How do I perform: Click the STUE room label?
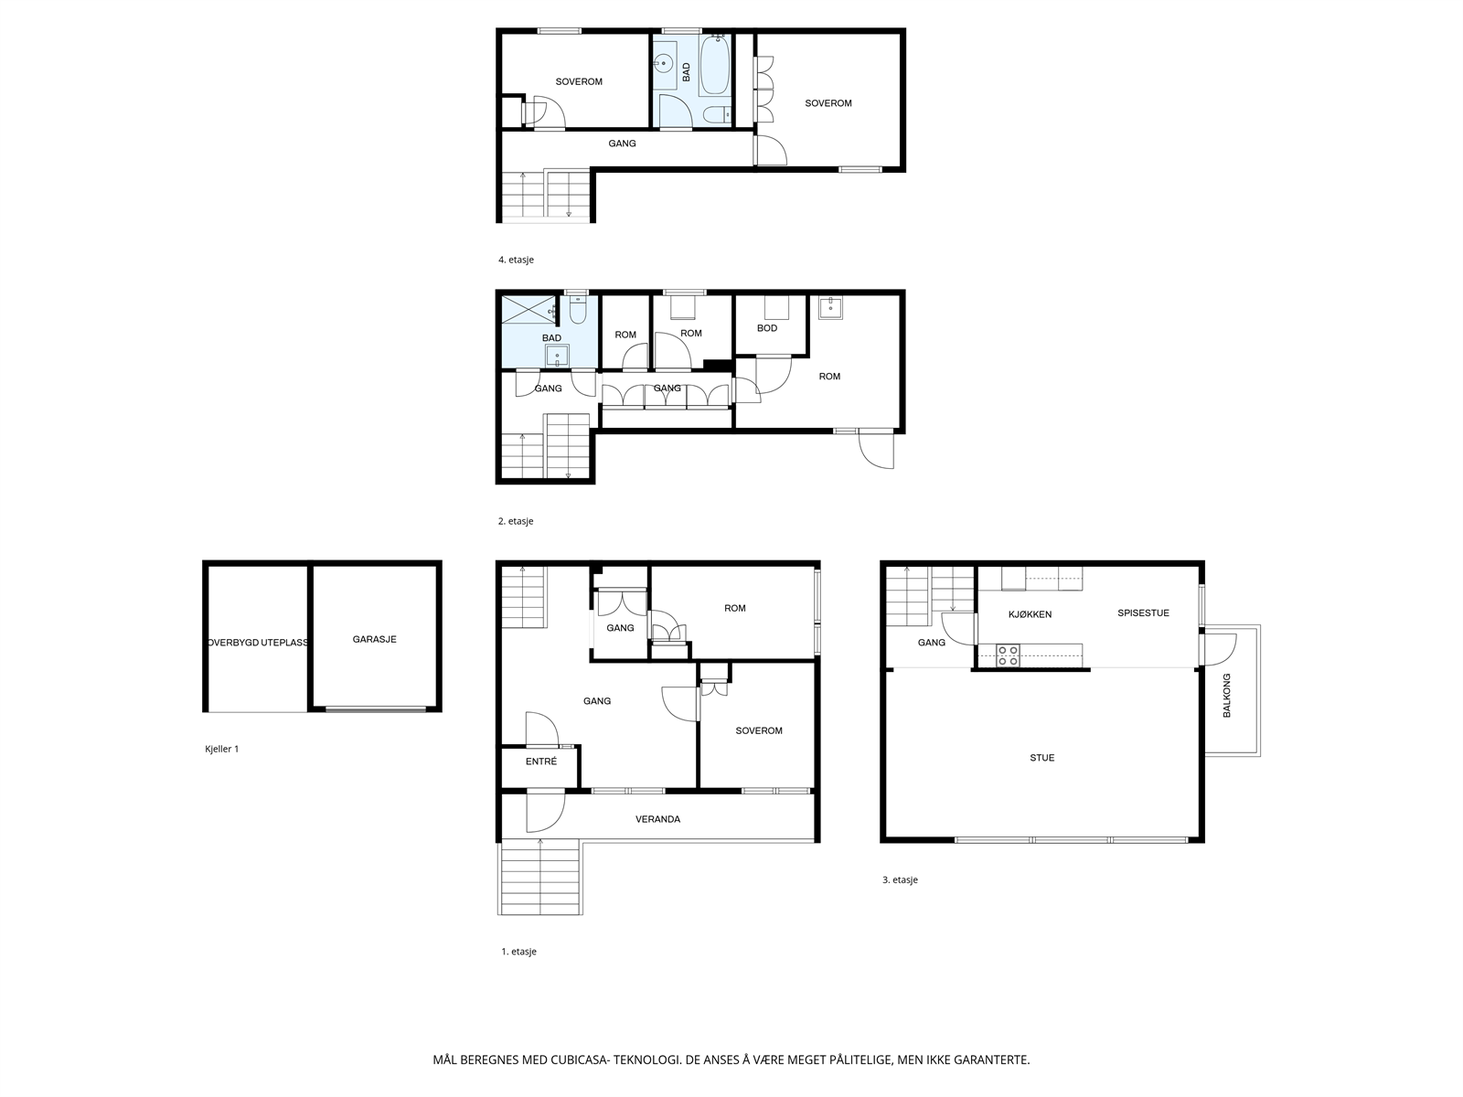pos(1041,758)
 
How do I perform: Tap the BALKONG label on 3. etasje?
pos(1227,695)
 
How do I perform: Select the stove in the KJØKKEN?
pos(1008,655)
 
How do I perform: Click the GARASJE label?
pos(374,640)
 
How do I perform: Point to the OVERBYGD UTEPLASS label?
pos(258,642)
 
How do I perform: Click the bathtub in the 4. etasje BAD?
pos(714,66)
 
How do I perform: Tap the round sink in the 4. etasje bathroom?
pos(665,65)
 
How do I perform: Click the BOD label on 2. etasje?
pos(767,328)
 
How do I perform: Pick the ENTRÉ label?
pos(540,762)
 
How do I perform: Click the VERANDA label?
pos(657,819)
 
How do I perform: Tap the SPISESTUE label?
pos(1143,613)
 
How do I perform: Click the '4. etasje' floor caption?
pos(516,260)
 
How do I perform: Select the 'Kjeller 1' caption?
pos(221,749)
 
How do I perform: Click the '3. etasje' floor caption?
pos(900,879)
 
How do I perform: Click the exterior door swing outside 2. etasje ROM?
pos(876,450)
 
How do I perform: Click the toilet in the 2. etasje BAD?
pos(577,313)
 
